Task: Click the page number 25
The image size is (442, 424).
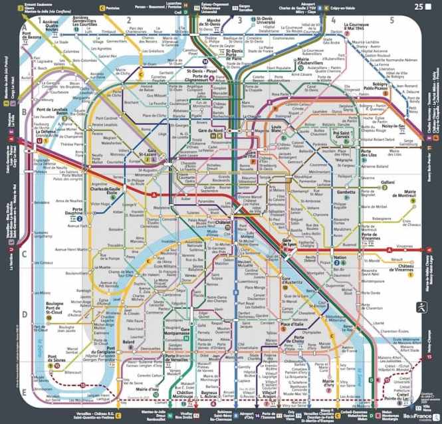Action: (x=418, y=7)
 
